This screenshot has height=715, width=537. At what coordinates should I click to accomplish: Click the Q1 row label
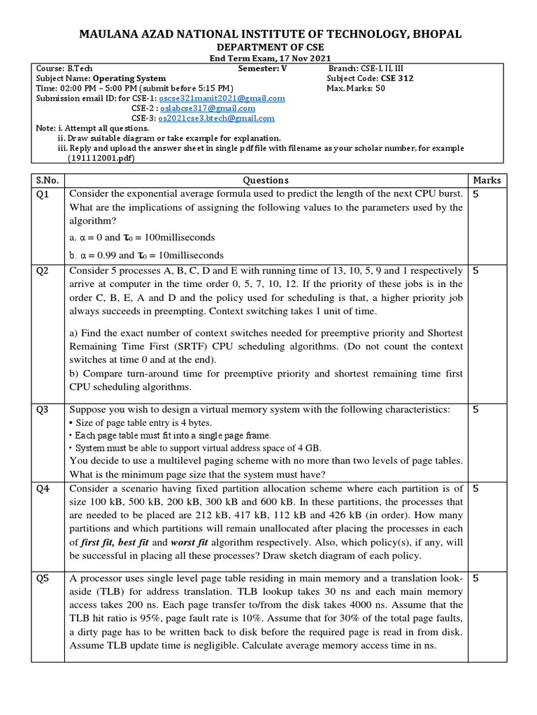[43, 195]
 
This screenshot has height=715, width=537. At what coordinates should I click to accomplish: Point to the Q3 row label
[43, 410]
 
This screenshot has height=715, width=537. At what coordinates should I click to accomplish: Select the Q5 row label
[43, 578]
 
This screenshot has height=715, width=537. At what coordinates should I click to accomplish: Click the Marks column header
[487, 180]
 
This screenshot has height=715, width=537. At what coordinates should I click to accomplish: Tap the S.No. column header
[48, 180]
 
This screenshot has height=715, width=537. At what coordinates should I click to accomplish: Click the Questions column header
[265, 180]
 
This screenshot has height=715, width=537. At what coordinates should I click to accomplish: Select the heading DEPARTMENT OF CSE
[268, 47]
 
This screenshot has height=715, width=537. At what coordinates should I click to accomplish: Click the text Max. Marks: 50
[356, 89]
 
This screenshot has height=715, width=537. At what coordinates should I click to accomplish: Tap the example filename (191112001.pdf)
[100, 159]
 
